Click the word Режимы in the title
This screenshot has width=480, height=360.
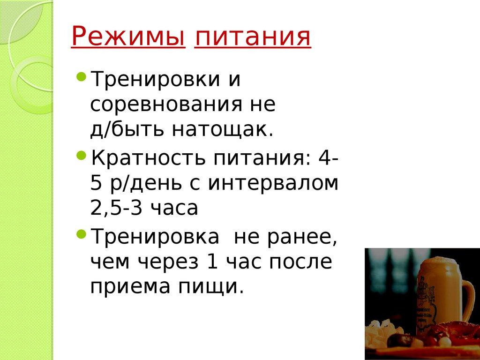pyautogui.click(x=127, y=37)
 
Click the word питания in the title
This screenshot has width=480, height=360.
pyautogui.click(x=253, y=38)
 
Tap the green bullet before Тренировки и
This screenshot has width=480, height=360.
pyautogui.click(x=81, y=76)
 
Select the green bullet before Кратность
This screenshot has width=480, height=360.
pyautogui.click(x=81, y=155)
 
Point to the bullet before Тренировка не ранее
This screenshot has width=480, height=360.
pyautogui.click(x=81, y=233)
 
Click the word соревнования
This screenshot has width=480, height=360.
pyautogui.click(x=163, y=104)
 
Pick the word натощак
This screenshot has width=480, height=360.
pyautogui.click(x=222, y=129)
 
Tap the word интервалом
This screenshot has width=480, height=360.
pyautogui.click(x=273, y=183)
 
